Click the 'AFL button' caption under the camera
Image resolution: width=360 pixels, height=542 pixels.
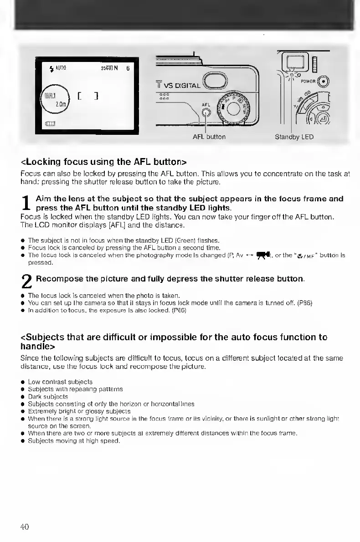coord(209,137)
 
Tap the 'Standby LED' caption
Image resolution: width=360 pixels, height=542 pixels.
coord(294,137)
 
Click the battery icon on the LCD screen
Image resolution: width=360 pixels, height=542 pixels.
coord(50,124)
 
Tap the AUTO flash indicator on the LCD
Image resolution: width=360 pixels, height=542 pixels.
coord(58,68)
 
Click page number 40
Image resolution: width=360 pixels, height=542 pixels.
coord(25,527)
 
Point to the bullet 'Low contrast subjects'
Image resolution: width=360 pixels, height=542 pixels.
coord(60,382)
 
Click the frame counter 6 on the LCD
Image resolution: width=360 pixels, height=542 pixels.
coord(128,68)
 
